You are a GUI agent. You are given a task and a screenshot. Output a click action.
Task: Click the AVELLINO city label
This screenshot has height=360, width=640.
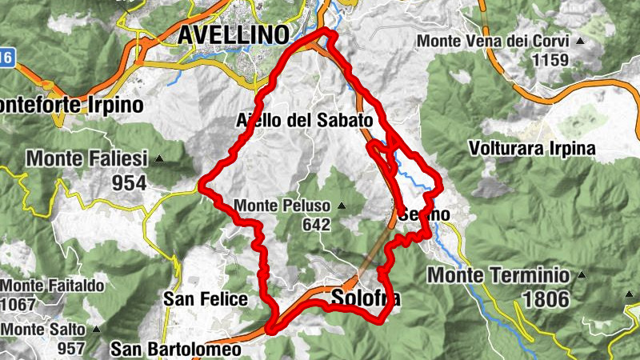tap(233, 34)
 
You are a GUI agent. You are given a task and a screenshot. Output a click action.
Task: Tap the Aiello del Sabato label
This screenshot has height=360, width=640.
tap(305, 120)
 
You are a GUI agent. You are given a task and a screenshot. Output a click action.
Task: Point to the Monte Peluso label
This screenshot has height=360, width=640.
tap(283, 206)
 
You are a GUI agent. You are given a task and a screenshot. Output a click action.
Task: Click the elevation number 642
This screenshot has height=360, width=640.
tap(317, 225)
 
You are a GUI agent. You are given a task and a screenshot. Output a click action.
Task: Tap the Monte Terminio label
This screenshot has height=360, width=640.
tap(498, 275)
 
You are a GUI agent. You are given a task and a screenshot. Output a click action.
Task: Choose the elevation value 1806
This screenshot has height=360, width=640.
tap(546, 299)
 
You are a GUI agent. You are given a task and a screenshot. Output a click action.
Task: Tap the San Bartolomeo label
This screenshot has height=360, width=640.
tap(174, 349)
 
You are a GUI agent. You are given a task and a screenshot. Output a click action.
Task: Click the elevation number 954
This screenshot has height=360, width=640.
tap(130, 183)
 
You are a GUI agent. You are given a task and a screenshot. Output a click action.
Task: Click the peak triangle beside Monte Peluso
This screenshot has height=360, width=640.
tap(341, 206)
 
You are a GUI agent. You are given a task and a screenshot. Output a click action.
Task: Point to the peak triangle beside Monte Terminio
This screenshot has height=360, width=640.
tap(582, 275)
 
